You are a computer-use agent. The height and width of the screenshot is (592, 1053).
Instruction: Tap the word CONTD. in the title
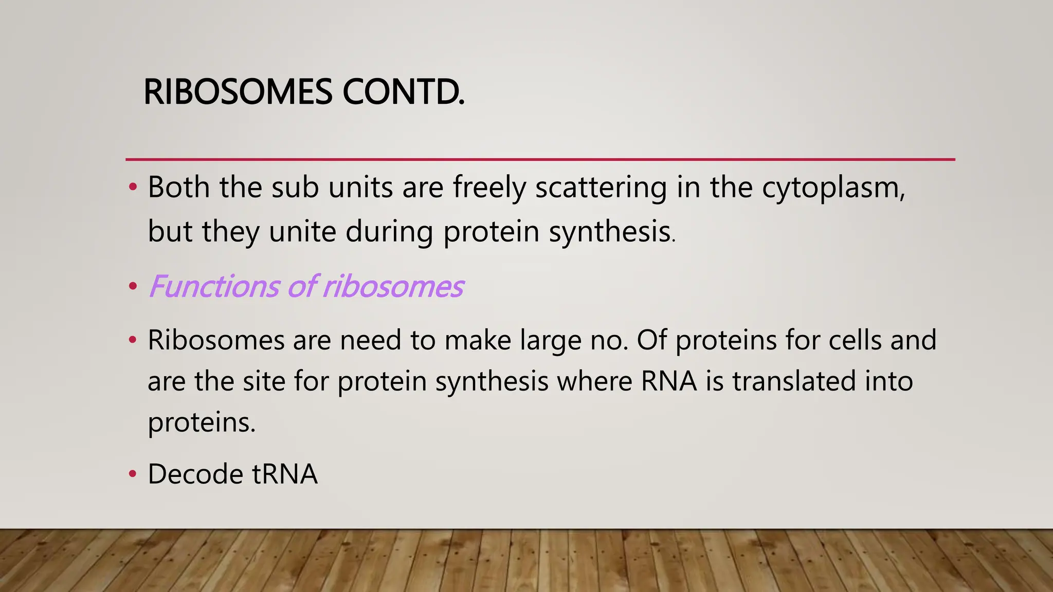[x=403, y=92]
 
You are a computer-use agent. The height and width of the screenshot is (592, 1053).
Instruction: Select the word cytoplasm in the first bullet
[x=833, y=188]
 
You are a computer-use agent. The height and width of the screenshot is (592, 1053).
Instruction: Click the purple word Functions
[x=214, y=286]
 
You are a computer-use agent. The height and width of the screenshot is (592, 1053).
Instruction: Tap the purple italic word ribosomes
[x=393, y=286]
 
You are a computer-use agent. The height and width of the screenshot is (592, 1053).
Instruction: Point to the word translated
[x=794, y=381]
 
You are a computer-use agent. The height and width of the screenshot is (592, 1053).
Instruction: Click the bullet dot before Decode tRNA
[x=133, y=473]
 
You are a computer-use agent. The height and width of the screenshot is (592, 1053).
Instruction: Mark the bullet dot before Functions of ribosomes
[x=133, y=286]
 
